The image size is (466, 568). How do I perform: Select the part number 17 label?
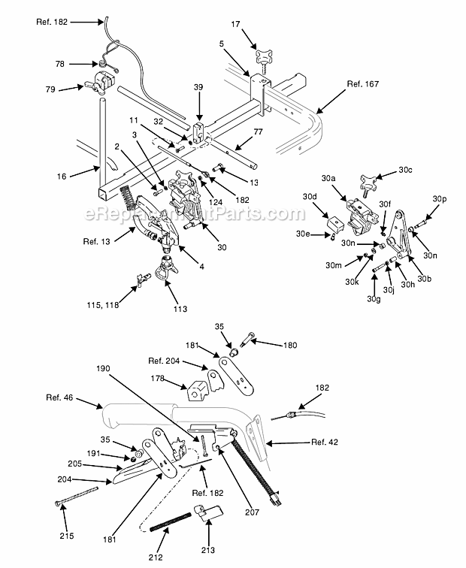pos(235,26)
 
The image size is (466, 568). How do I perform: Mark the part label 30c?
pos(406,171)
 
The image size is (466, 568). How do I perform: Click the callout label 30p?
pos(440,198)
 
